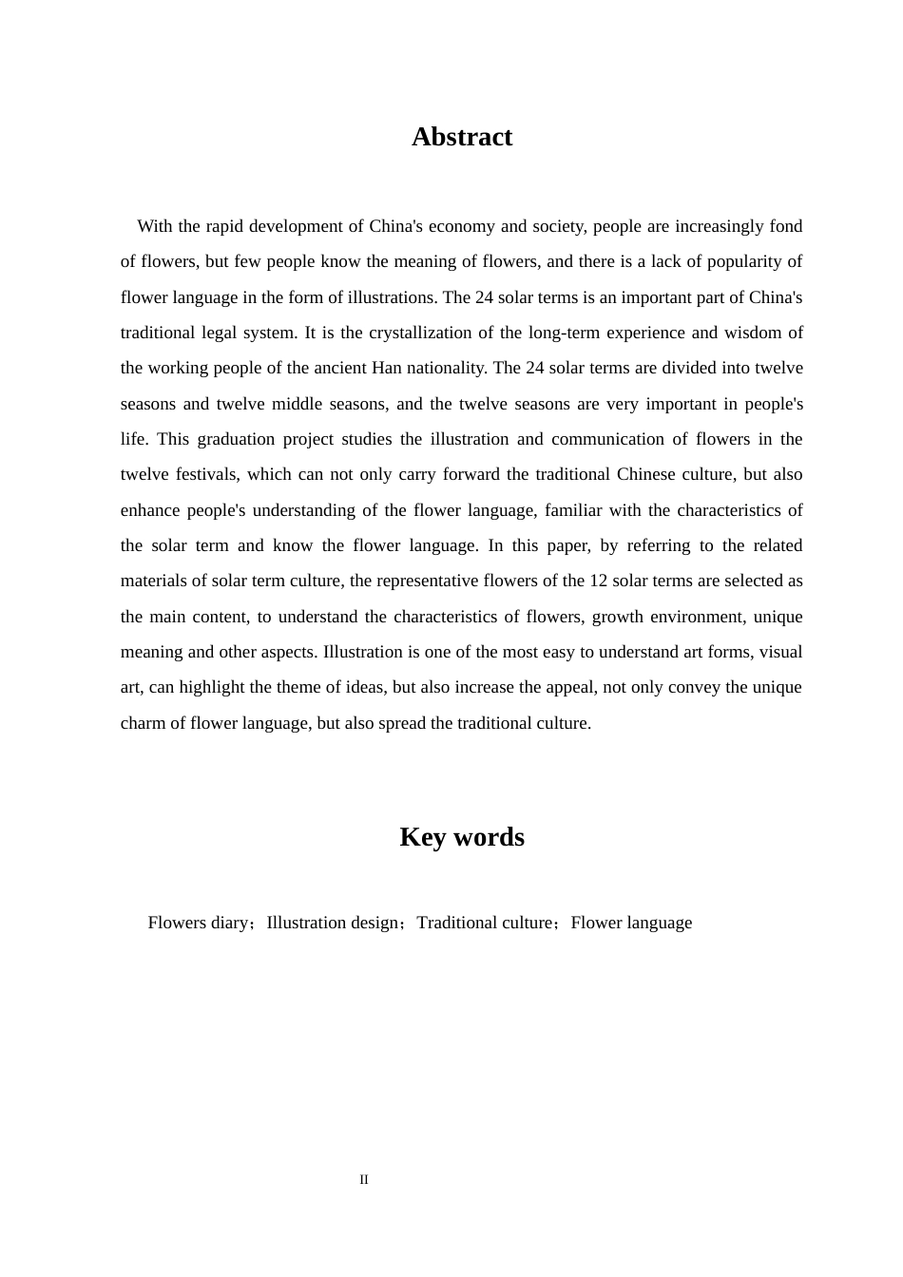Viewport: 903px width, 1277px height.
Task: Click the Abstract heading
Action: pyautogui.click(x=461, y=137)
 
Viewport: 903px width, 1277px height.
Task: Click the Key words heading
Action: pyautogui.click(x=461, y=837)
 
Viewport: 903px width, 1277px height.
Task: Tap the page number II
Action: pyautogui.click(x=364, y=1180)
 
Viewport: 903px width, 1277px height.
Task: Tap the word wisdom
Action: pyautogui.click(x=756, y=333)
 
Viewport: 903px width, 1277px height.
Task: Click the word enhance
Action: pyautogui.click(x=150, y=510)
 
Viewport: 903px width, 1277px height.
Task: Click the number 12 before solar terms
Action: pyautogui.click(x=599, y=581)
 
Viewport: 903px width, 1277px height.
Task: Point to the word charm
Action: pyautogui.click(x=142, y=723)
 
